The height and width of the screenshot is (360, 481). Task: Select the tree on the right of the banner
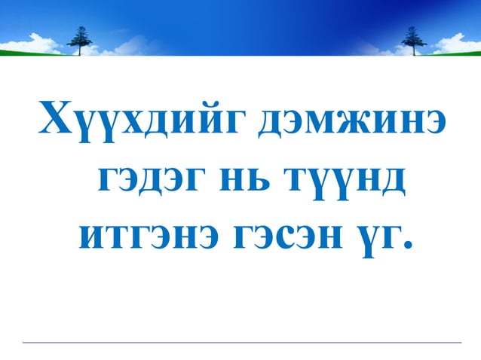(x=412, y=38)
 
